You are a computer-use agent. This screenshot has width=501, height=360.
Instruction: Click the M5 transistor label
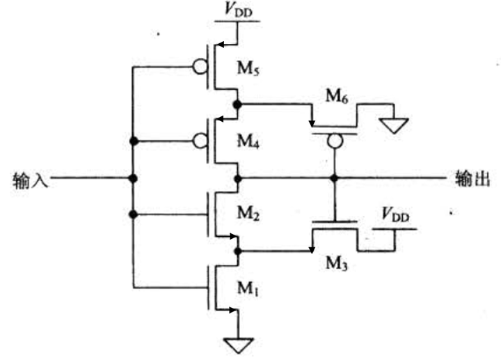(265, 71)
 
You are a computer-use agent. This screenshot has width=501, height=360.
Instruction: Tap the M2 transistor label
(265, 214)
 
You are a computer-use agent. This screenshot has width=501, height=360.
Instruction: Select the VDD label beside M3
(396, 214)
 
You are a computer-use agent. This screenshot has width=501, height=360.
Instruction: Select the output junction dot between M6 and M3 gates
(335, 178)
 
